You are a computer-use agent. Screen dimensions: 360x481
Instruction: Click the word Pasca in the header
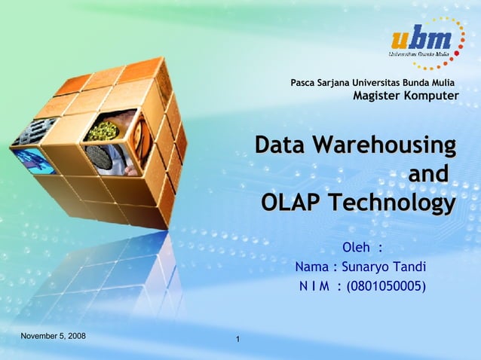[x=304, y=82]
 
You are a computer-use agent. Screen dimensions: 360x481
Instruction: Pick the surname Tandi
[x=410, y=267]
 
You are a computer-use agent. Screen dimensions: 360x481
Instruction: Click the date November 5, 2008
[x=53, y=334]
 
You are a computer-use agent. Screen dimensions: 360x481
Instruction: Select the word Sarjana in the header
[x=337, y=82]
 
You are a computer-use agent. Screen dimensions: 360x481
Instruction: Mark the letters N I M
[x=316, y=286]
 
